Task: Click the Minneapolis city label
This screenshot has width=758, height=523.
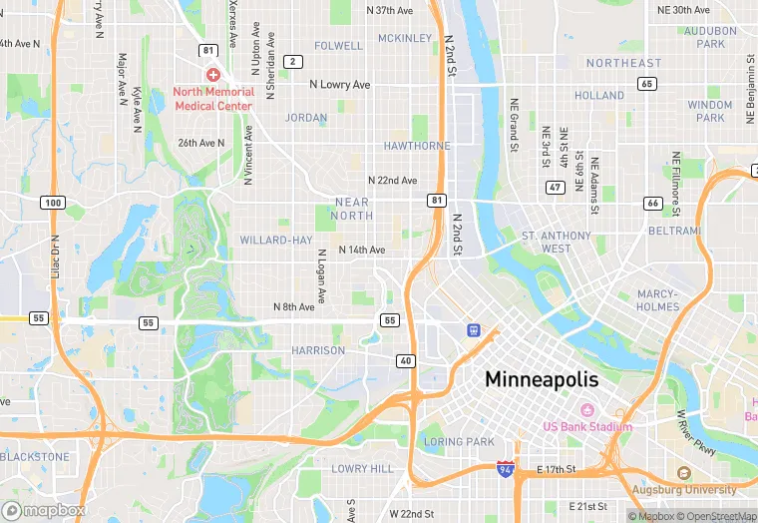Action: pos(542,379)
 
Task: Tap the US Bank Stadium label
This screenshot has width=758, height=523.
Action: pos(587,427)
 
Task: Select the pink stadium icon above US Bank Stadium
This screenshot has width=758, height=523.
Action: pos(587,409)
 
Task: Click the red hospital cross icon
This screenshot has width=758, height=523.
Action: pos(213,75)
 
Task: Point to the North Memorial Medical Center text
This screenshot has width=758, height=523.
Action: pos(214,98)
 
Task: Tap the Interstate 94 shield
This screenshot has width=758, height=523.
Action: pos(506,467)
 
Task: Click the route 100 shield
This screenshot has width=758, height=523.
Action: pos(53,203)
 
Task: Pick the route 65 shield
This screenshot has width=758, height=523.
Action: pos(647,84)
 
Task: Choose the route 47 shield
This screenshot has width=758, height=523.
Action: pos(555,187)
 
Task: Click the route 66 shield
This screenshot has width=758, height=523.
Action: pos(653,203)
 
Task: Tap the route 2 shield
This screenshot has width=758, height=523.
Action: pos(292,62)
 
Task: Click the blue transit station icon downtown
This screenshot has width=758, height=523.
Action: pos(473,329)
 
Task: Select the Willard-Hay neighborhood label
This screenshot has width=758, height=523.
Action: pos(275,240)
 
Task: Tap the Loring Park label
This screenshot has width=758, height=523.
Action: pos(459,441)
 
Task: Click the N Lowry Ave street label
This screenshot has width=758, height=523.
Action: pos(340,85)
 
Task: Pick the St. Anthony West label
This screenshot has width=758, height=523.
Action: pos(557,242)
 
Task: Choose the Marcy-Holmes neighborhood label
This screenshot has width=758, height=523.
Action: pos(658,300)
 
